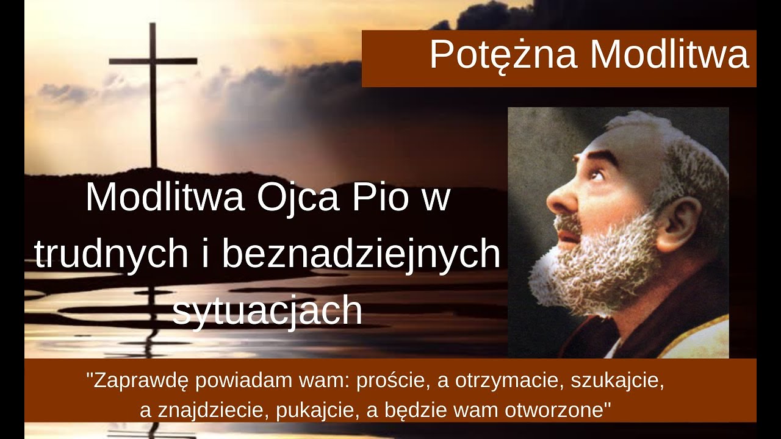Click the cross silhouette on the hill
coord(153,98)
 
